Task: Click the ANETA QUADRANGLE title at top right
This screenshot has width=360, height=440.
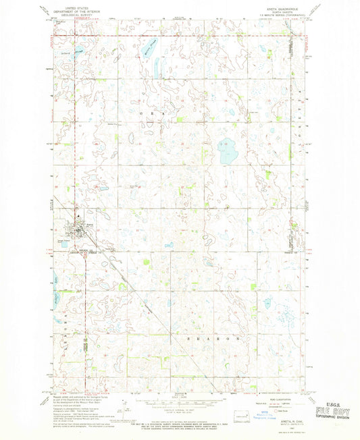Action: (289, 7)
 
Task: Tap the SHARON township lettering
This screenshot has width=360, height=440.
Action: (213, 335)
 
